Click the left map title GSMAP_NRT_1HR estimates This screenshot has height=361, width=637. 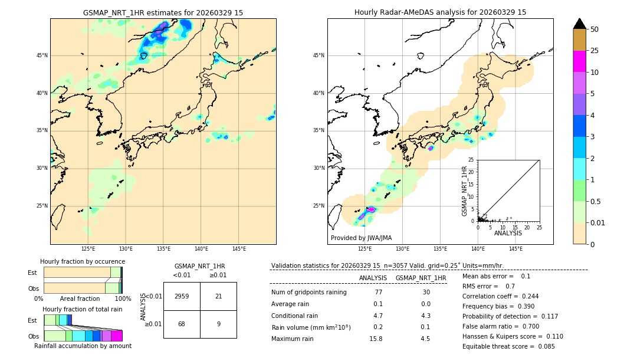point(163,12)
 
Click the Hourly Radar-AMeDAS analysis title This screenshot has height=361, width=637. point(440,12)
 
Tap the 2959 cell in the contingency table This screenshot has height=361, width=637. point(182,296)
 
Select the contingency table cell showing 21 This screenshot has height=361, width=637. point(218,296)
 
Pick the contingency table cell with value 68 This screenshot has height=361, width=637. point(182,324)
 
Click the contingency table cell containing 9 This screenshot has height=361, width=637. point(218,324)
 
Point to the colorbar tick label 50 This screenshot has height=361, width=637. point(595,29)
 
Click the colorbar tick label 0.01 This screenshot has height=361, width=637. point(598,222)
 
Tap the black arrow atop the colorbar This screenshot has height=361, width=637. point(580,24)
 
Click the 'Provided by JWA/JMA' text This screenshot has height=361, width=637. point(361,238)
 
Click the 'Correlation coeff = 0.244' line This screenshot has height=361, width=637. point(500,296)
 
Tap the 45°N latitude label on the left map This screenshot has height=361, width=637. point(42,55)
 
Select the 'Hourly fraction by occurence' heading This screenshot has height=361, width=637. point(83,261)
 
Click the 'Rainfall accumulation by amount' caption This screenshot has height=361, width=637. point(83,346)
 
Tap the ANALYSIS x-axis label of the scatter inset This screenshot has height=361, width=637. point(508,233)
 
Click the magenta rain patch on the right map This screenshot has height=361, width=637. point(371,209)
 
